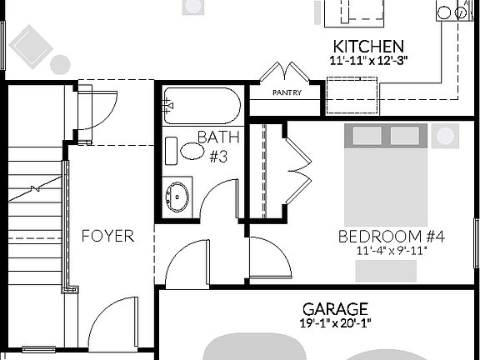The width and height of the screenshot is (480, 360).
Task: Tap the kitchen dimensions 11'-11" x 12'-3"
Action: click(367, 60)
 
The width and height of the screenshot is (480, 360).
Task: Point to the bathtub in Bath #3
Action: click(202, 106)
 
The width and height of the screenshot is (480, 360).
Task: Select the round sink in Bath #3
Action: click(177, 197)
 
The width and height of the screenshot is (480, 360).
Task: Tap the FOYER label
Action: click(107, 236)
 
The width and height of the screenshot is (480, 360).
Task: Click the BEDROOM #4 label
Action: click(391, 237)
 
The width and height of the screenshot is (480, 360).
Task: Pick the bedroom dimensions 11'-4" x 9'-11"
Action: click(391, 250)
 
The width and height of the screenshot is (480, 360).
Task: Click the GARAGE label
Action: click(335, 308)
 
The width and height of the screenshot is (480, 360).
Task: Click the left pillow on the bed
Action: click(367, 137)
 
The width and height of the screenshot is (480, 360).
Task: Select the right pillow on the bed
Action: click(404, 137)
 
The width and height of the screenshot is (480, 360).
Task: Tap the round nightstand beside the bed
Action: click(445, 136)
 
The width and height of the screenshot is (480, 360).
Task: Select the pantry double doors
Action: click(285, 73)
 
